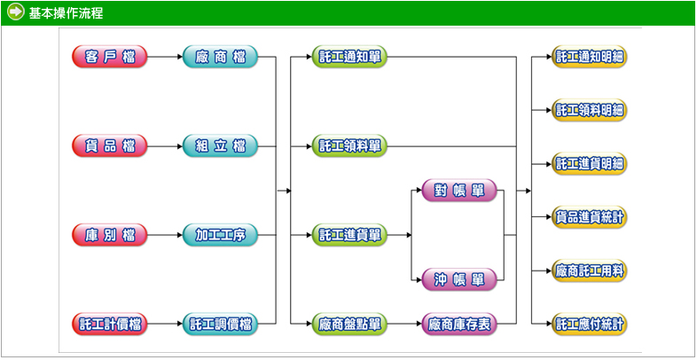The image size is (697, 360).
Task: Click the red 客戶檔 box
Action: point(110,58)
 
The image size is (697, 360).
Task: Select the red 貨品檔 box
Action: point(110,145)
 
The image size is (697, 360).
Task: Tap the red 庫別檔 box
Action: point(110,235)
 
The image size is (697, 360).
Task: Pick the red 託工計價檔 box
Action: point(110,325)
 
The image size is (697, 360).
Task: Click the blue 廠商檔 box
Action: point(220,58)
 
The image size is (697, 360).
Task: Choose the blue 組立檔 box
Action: point(220,145)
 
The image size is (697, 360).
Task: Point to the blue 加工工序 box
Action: point(220,235)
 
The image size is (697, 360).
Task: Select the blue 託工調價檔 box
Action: point(220,325)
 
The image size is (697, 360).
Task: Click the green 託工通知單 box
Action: point(349,58)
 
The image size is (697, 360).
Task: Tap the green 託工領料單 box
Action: point(349,145)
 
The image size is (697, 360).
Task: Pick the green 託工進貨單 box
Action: point(349,235)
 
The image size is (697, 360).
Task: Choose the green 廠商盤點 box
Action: point(349,325)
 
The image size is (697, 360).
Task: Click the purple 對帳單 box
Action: point(458,191)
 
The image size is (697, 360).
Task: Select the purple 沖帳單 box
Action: point(458,279)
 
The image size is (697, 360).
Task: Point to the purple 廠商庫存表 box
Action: point(458,325)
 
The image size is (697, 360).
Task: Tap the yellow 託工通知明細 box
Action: point(590,58)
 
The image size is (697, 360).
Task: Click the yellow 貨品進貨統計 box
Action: point(590,216)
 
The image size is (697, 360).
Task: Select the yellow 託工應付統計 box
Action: point(590,325)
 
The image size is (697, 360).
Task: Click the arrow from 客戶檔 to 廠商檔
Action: point(165,58)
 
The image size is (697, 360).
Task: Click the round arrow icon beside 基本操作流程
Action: point(15,12)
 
